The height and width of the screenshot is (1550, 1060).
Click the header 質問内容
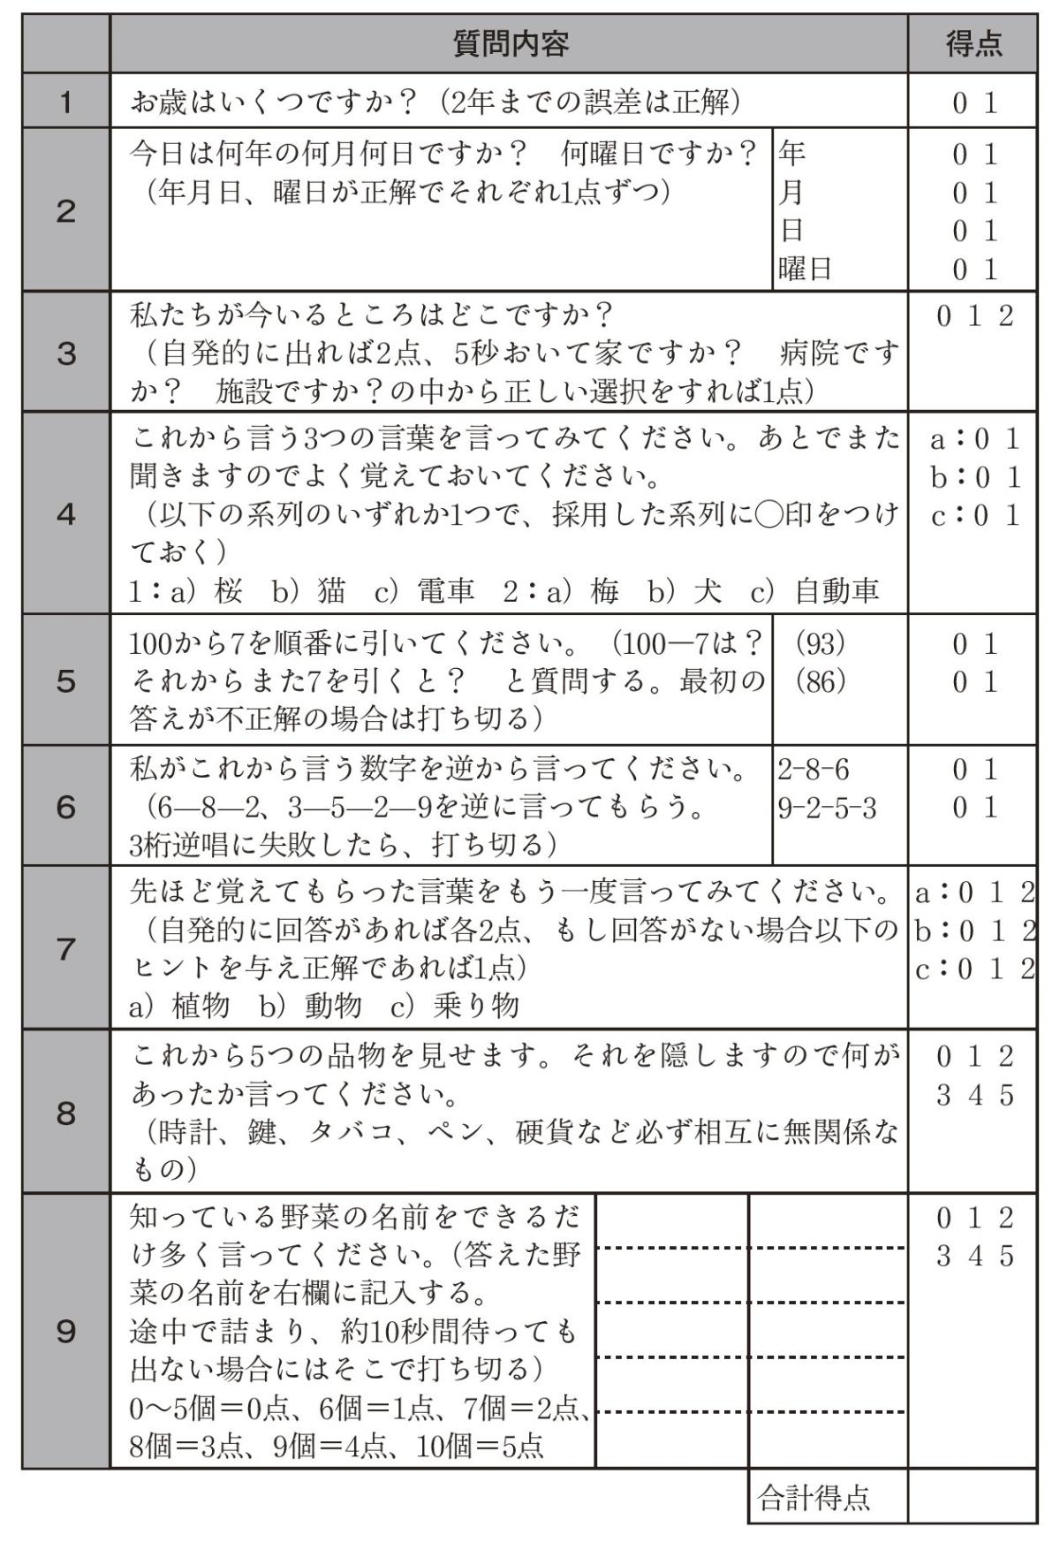pyautogui.click(x=510, y=43)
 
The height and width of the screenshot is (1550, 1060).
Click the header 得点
pyautogui.click(x=973, y=43)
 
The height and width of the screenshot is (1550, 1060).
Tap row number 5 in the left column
pyautogui.click(x=66, y=681)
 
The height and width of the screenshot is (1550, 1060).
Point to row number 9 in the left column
pyautogui.click(x=66, y=1331)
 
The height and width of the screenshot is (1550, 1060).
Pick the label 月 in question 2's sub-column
pyautogui.click(x=791, y=192)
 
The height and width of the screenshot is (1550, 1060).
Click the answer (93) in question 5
pyautogui.click(x=821, y=644)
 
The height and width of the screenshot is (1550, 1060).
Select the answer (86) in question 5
pyautogui.click(x=821, y=681)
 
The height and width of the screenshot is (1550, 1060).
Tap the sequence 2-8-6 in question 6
pyautogui.click(x=814, y=770)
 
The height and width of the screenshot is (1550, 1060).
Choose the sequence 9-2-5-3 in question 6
pyautogui.click(x=827, y=808)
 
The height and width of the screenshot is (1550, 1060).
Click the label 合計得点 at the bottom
pyautogui.click(x=814, y=1497)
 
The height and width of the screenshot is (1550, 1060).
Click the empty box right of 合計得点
pyautogui.click(x=973, y=1497)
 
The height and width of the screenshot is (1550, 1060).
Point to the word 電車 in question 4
pyautogui.click(x=446, y=590)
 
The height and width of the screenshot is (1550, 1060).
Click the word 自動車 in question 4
pyautogui.click(x=837, y=590)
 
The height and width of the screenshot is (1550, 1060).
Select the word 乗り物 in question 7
pyautogui.click(x=476, y=1006)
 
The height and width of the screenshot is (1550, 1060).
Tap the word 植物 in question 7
pyautogui.click(x=201, y=1006)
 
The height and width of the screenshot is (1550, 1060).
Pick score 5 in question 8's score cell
pyautogui.click(x=1006, y=1096)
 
